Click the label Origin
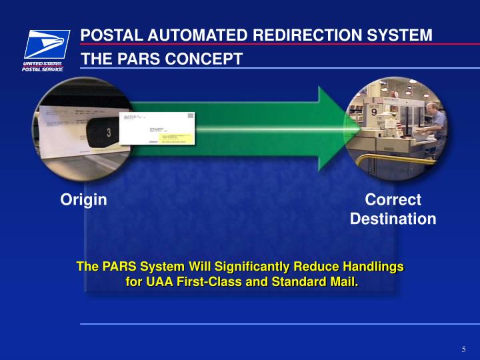click(x=84, y=199)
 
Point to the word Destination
click(x=393, y=219)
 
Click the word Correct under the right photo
click(x=393, y=199)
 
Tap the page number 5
click(x=463, y=350)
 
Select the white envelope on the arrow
click(x=158, y=129)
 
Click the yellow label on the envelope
click(x=174, y=138)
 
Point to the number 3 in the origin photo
click(x=109, y=132)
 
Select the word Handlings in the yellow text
click(x=373, y=267)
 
